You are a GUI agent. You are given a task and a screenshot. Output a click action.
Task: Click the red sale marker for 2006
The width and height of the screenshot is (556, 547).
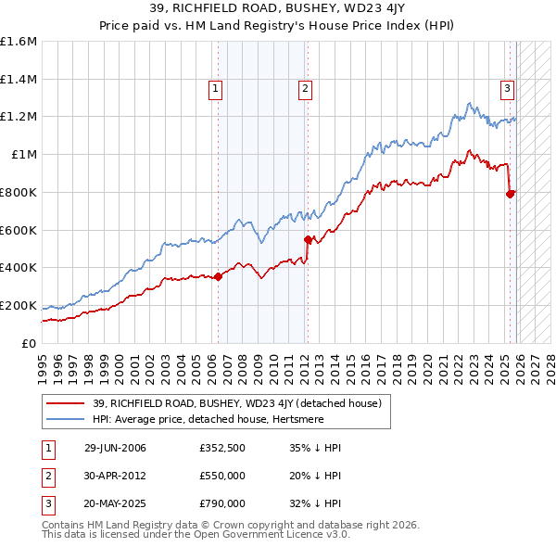[x=219, y=276]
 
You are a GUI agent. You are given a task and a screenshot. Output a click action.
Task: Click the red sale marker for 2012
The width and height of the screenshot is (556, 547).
[x=309, y=239]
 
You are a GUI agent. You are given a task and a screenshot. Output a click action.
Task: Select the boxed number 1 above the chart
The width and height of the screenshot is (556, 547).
[x=215, y=89]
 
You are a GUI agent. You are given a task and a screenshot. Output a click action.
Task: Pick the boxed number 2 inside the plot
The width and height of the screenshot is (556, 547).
[x=305, y=89]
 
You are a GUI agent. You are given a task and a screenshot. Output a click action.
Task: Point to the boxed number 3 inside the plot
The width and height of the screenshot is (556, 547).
[x=508, y=89]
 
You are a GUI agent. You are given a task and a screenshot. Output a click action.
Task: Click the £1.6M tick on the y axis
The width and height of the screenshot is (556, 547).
[x=19, y=42]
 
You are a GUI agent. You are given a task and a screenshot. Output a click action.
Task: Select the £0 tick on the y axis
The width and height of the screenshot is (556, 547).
[x=30, y=343]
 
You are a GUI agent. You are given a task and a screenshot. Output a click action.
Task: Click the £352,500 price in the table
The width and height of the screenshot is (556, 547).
[x=222, y=449]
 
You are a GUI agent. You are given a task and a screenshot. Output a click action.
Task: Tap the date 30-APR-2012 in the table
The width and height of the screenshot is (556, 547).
[x=115, y=477]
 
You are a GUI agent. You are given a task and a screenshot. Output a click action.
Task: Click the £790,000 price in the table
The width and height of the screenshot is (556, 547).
[x=222, y=504]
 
